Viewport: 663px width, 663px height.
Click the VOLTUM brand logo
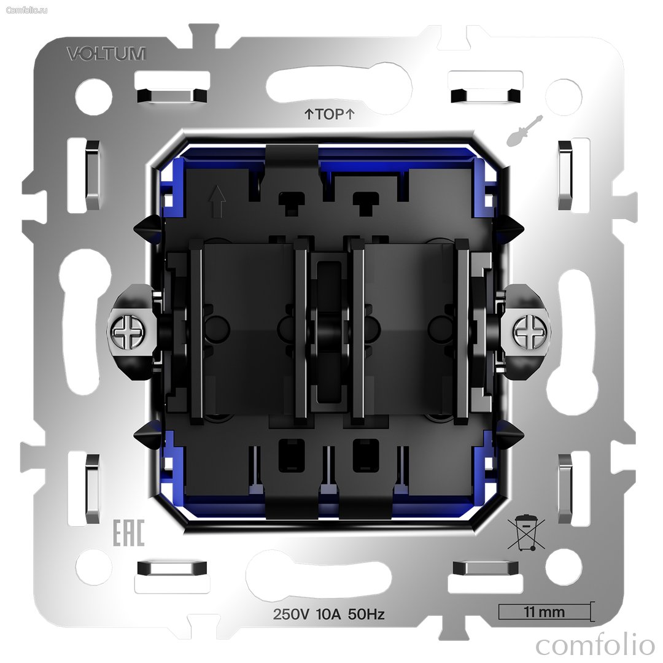coord(106,53)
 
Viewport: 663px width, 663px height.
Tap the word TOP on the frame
coord(330,114)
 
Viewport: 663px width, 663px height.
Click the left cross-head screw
coord(126,331)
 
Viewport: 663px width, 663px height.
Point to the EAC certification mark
coord(128,533)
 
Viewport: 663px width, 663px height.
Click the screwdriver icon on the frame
coord(524,131)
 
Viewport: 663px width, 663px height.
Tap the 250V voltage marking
coord(292,614)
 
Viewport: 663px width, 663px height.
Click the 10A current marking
coord(328,614)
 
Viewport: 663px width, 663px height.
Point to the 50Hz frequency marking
coord(366,614)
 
